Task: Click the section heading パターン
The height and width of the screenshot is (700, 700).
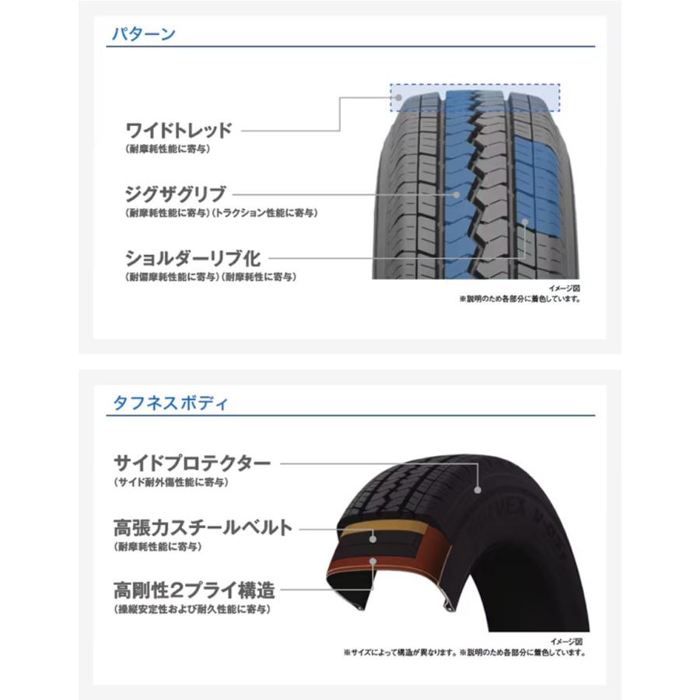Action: click(143, 34)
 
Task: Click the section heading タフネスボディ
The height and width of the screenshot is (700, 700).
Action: click(170, 403)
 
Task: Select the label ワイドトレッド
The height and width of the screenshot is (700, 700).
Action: click(179, 131)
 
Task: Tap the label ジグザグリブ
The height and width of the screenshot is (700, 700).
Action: click(176, 194)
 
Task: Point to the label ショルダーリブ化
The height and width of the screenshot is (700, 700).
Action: click(193, 258)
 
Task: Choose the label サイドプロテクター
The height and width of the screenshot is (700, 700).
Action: click(192, 463)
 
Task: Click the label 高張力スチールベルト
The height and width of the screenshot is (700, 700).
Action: click(203, 527)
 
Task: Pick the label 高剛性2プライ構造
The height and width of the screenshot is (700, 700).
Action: click(194, 590)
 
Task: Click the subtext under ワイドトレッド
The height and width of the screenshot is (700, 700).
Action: click(168, 149)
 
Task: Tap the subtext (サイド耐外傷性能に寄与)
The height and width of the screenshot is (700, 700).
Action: click(171, 482)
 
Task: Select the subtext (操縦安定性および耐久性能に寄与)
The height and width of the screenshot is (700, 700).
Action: click(192, 609)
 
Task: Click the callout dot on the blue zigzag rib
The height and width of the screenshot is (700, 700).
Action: click(457, 194)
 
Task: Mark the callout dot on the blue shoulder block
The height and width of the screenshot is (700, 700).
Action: click(525, 222)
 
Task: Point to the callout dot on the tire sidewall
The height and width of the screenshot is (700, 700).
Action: click(478, 490)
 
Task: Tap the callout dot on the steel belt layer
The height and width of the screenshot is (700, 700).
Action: click(373, 539)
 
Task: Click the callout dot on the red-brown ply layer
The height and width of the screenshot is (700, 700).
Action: click(373, 561)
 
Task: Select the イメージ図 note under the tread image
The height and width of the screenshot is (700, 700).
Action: click(565, 289)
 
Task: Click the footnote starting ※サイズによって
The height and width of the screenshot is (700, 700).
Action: click(465, 653)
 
